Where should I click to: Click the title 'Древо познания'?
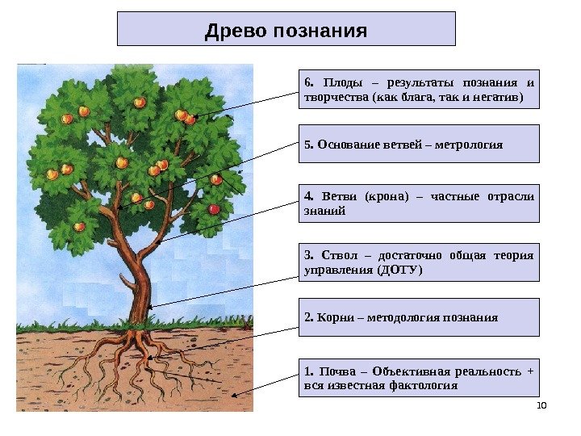pyautogui.click(x=286, y=31)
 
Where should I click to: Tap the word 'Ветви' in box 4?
pyautogui.click(x=337, y=196)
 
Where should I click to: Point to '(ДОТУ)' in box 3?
pyautogui.click(x=400, y=270)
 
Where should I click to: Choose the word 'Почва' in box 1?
pyautogui.click(x=337, y=371)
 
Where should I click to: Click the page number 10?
pyautogui.click(x=541, y=405)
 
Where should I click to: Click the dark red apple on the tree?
pyautogui.click(x=214, y=209)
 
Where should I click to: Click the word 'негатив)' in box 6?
pyautogui.click(x=499, y=98)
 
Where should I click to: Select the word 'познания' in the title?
pyautogui.click(x=322, y=31)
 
